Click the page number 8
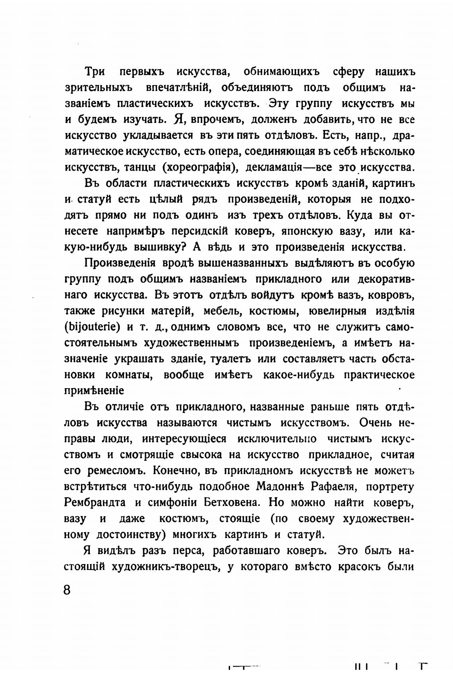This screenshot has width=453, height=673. pyautogui.click(x=67, y=589)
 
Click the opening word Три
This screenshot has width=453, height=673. pyautogui.click(x=94, y=72)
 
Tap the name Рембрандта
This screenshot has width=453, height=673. pyautogui.click(x=95, y=502)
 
